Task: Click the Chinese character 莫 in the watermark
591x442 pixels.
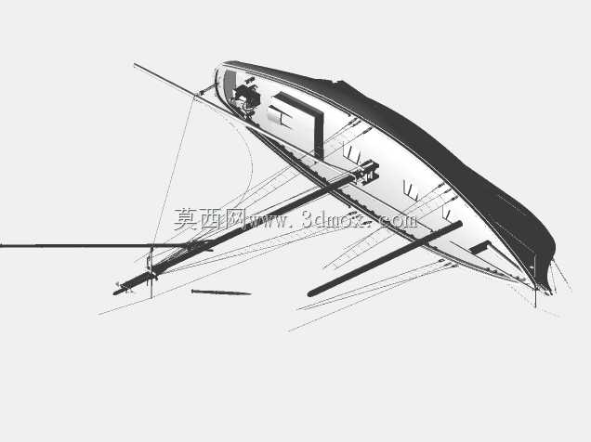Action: coord(186,219)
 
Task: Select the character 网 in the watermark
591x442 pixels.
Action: coord(233,219)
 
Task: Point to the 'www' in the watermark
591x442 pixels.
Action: coord(266,221)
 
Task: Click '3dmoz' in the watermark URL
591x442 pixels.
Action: coord(333,220)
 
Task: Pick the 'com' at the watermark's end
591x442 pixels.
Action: coord(400,221)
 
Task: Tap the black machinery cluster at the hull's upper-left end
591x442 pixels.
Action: coord(246,96)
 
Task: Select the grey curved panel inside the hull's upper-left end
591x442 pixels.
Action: coord(230,84)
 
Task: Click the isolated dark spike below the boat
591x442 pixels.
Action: coord(221,292)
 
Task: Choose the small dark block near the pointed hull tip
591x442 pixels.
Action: coord(480,247)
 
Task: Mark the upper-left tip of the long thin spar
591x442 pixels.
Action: coord(135,65)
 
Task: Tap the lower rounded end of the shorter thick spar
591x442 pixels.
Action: coord(311,292)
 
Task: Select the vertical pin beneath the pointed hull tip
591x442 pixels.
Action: coord(535,297)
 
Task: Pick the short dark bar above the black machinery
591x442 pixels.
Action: coord(250,80)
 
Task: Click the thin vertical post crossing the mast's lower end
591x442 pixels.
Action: coord(151,272)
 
